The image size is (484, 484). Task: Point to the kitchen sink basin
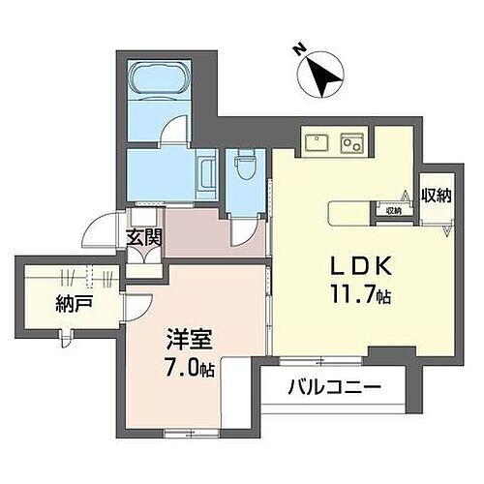tap(316, 142)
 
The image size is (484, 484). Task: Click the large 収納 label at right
tap(437, 196)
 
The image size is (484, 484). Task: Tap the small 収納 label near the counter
tap(393, 210)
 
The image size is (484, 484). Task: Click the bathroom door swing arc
tap(173, 129)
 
